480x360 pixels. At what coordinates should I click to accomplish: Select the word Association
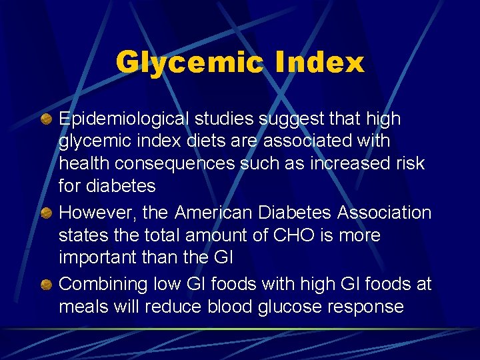point(385,213)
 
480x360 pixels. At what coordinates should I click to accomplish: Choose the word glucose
point(283,307)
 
